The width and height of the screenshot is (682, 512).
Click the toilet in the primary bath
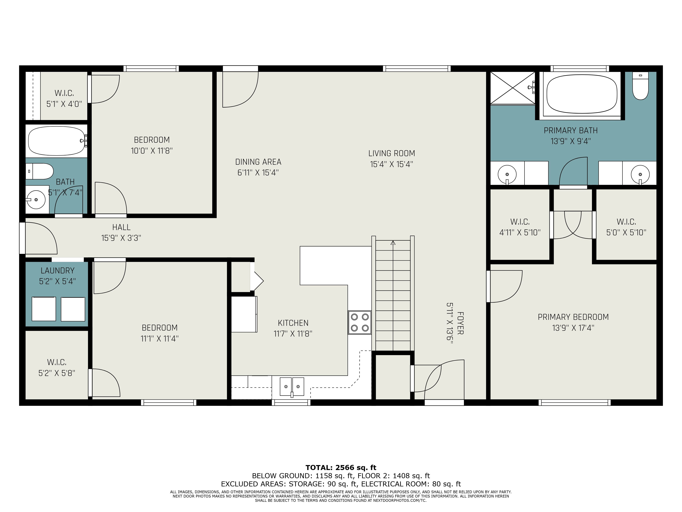(x=640, y=86)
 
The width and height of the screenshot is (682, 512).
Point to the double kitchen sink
(x=292, y=386)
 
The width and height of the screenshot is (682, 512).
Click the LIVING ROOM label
(x=392, y=153)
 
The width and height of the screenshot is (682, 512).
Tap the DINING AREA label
(x=258, y=162)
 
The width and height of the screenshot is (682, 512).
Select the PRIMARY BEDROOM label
(x=573, y=317)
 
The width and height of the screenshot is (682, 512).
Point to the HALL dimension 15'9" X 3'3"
(x=121, y=238)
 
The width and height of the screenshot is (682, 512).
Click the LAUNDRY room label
(x=58, y=271)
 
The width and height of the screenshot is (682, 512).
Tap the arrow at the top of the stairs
(x=393, y=243)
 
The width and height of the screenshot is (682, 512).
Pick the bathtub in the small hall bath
(x=57, y=141)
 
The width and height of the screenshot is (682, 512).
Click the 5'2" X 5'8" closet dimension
(x=57, y=373)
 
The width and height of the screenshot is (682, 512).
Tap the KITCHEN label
(x=293, y=323)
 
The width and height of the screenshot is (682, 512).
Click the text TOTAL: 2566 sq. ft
(x=341, y=468)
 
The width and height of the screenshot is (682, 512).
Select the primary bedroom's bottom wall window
(x=574, y=402)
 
